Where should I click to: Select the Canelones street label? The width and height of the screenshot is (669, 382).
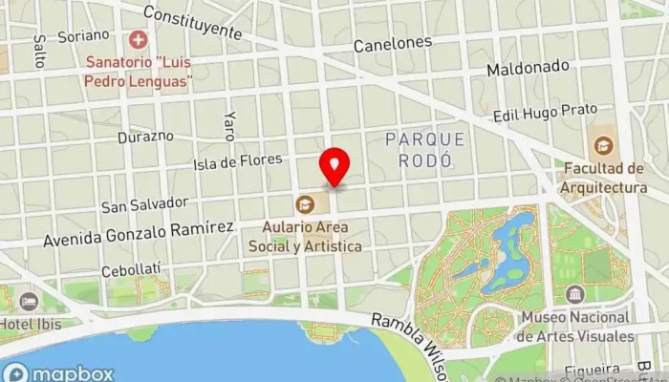coord(392,44)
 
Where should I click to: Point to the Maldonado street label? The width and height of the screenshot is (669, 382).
coord(528,70)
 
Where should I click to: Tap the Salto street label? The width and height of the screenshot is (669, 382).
coord(40,53)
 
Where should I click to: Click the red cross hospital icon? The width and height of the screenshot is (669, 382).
coord(140,41)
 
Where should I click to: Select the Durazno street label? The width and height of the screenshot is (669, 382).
coord(145,136)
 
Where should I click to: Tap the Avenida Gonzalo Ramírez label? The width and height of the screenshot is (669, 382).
coord(138,230)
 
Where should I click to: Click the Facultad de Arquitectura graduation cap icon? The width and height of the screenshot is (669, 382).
coord(603,146)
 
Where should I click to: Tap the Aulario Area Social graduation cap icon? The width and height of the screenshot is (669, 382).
coord(305,202)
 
